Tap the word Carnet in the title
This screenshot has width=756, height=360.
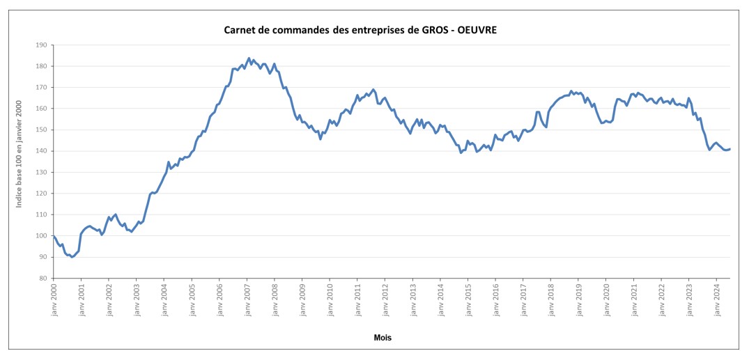point(239,30)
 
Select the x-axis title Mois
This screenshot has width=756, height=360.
point(382,338)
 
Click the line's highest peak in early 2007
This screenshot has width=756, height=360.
point(249,58)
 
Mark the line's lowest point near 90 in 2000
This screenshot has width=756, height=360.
point(72,257)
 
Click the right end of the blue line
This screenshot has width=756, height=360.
point(730,148)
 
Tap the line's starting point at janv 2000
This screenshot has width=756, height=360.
point(54,236)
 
